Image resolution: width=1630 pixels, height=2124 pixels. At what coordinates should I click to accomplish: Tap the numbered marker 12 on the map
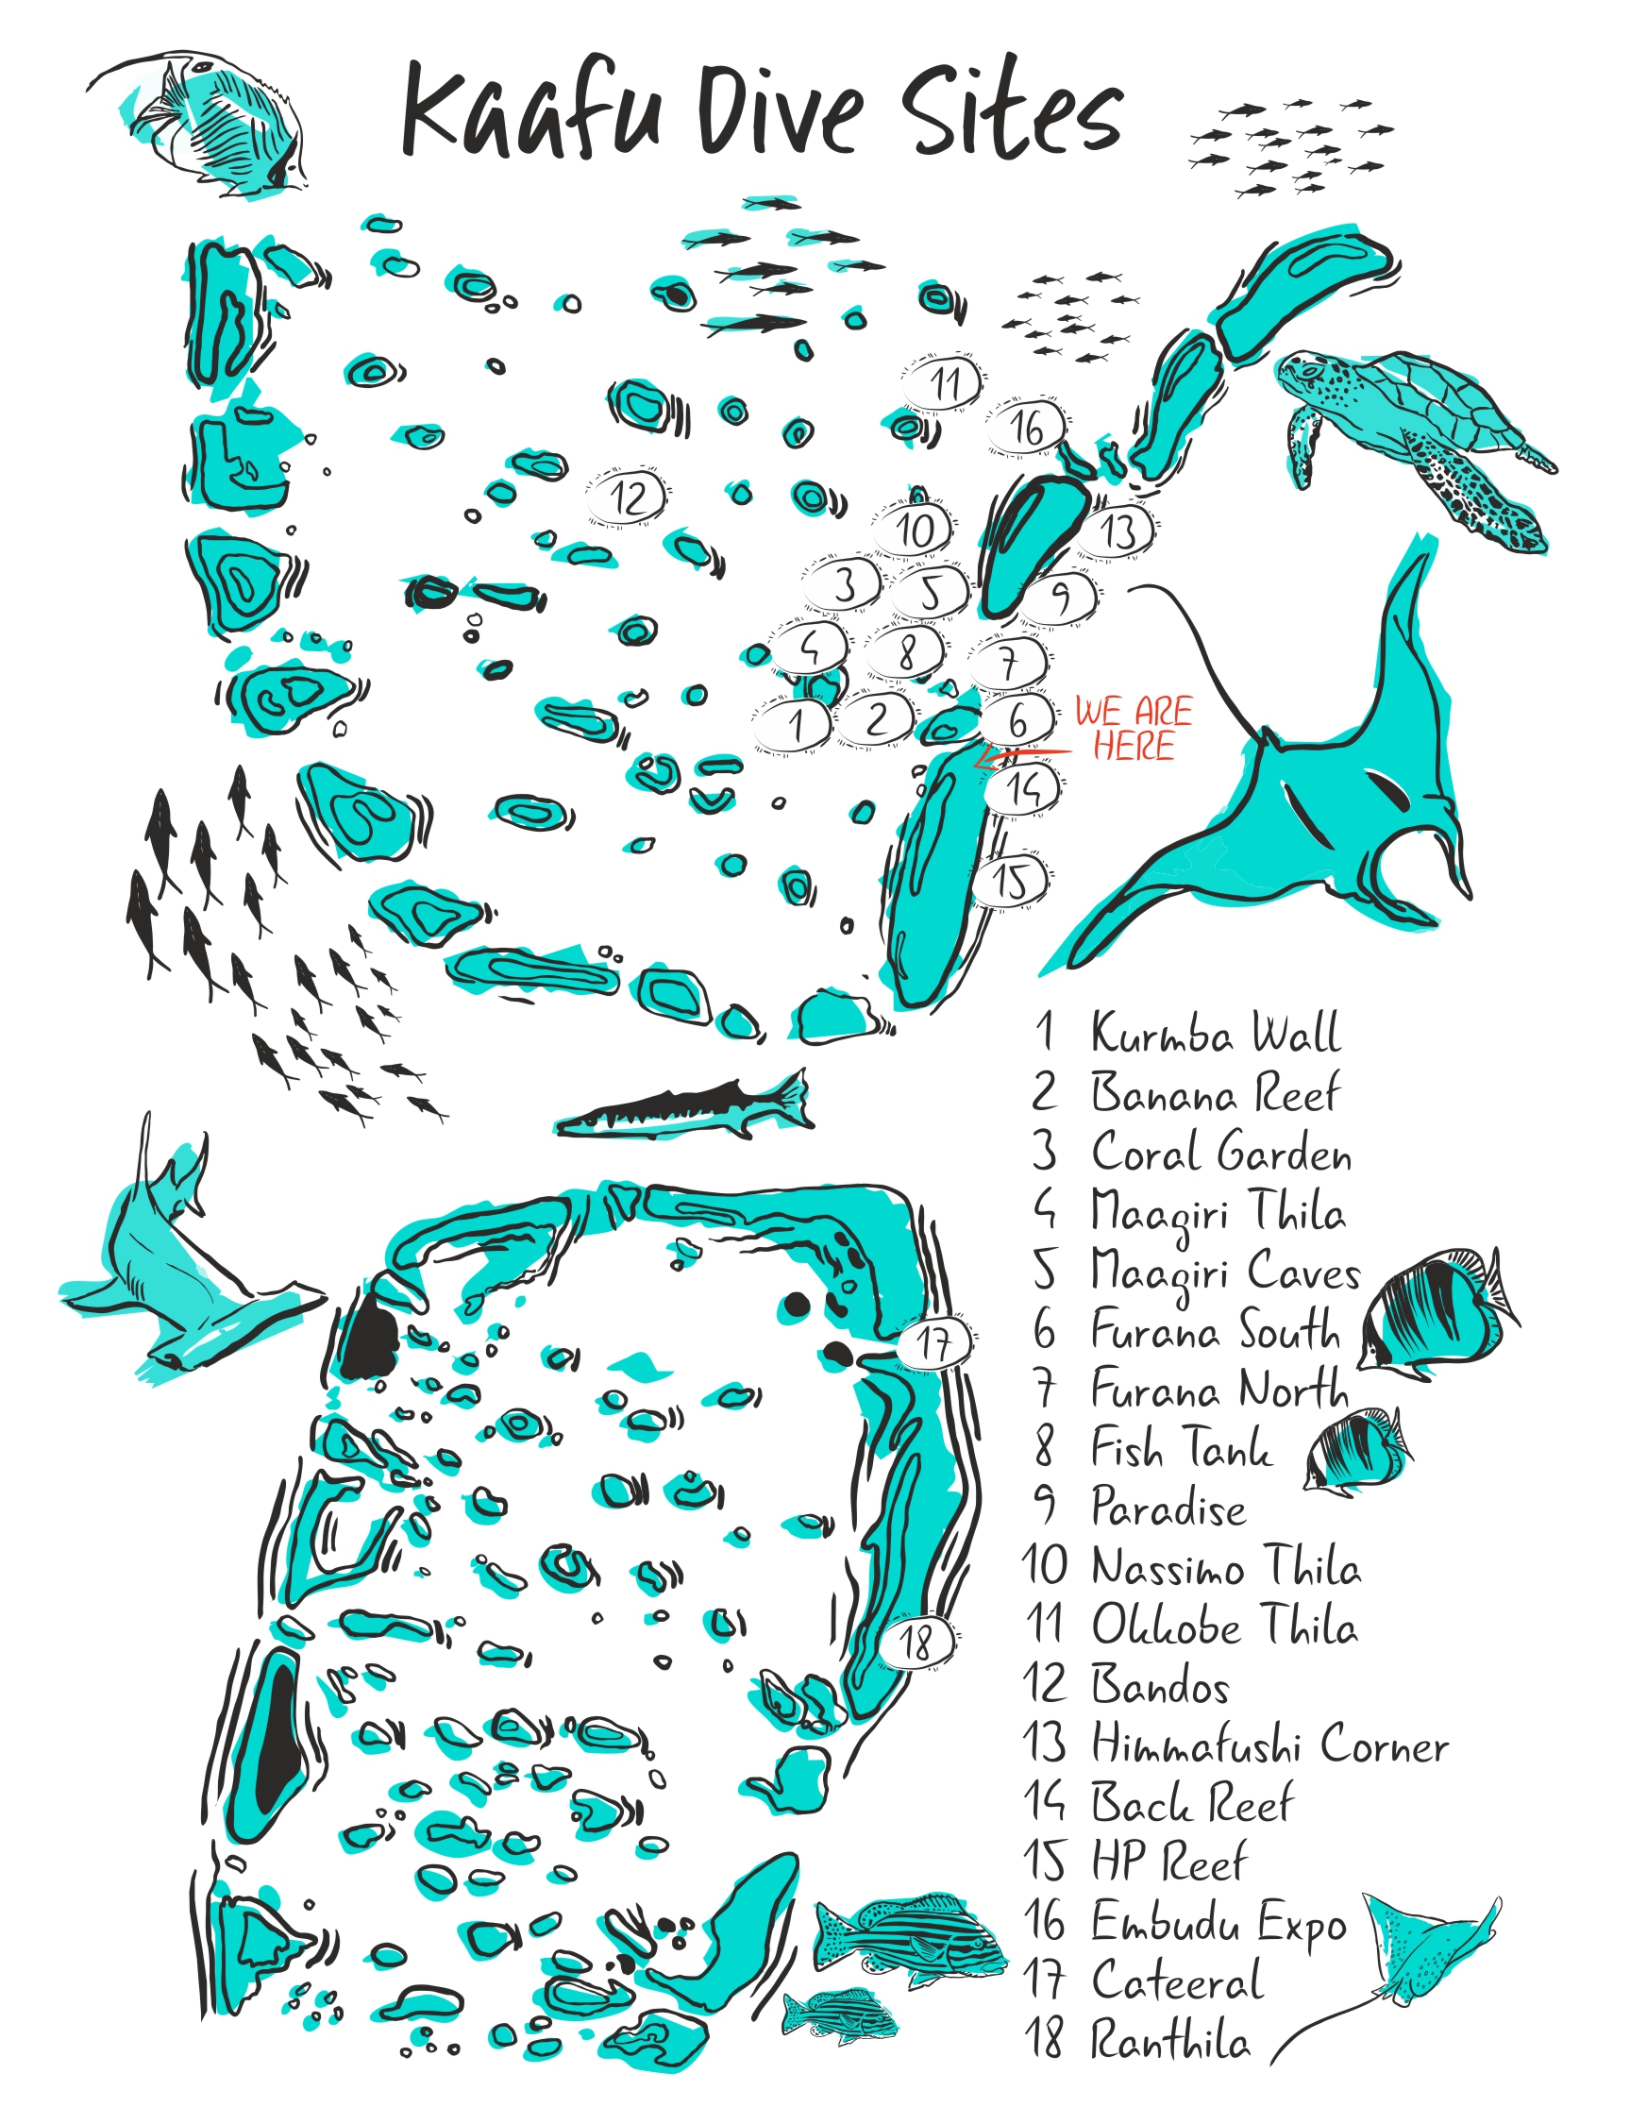tap(628, 497)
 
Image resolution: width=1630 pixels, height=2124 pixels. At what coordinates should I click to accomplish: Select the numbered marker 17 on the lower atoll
tap(933, 1343)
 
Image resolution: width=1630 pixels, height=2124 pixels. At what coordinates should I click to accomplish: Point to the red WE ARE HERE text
tap(1134, 728)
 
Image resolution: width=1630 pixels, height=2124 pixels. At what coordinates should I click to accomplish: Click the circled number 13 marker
tap(1118, 531)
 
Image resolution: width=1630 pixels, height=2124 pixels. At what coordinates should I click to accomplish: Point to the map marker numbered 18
tap(916, 1642)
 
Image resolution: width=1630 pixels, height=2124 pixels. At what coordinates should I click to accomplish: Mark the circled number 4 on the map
tap(809, 648)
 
